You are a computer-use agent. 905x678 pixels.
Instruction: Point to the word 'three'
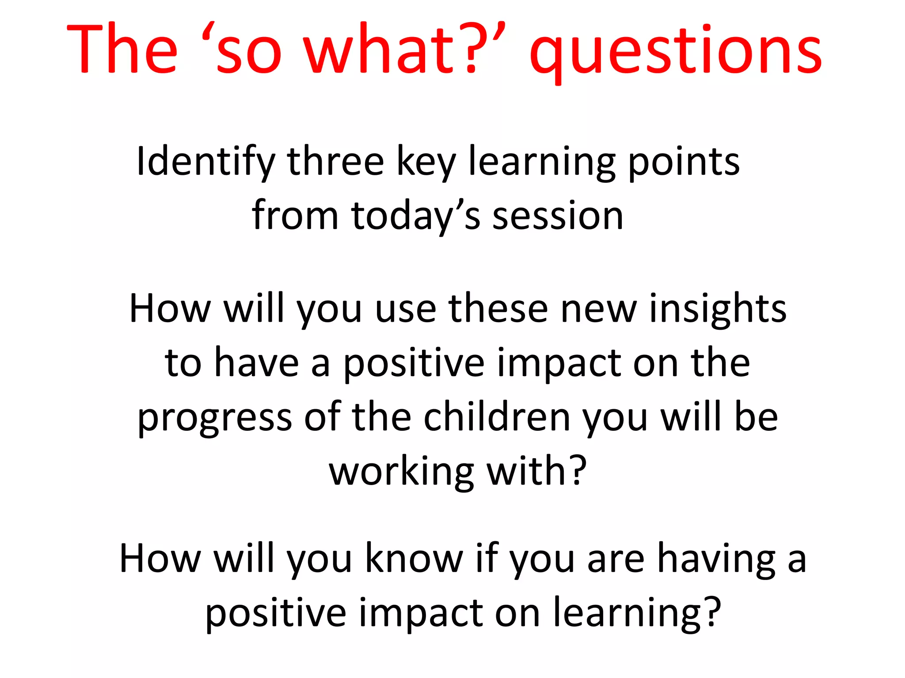pyautogui.click(x=336, y=162)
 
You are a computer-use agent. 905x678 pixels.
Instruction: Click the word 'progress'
pyautogui.click(x=215, y=418)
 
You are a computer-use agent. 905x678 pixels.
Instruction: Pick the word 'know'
pyautogui.click(x=414, y=558)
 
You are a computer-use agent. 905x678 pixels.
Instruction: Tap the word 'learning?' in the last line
pyautogui.click(x=637, y=614)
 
